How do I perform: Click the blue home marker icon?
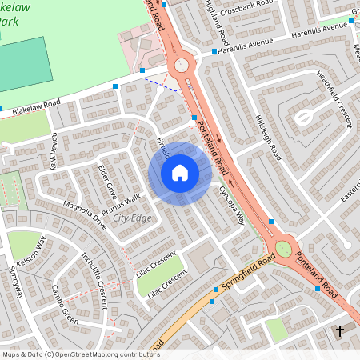point(180,173)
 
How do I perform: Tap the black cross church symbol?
point(339,330)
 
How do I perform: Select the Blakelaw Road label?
point(31,105)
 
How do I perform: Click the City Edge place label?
point(132,218)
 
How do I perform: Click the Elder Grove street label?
point(107,182)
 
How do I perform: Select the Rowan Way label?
point(55,151)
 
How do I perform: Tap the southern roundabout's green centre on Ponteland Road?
point(283,250)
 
